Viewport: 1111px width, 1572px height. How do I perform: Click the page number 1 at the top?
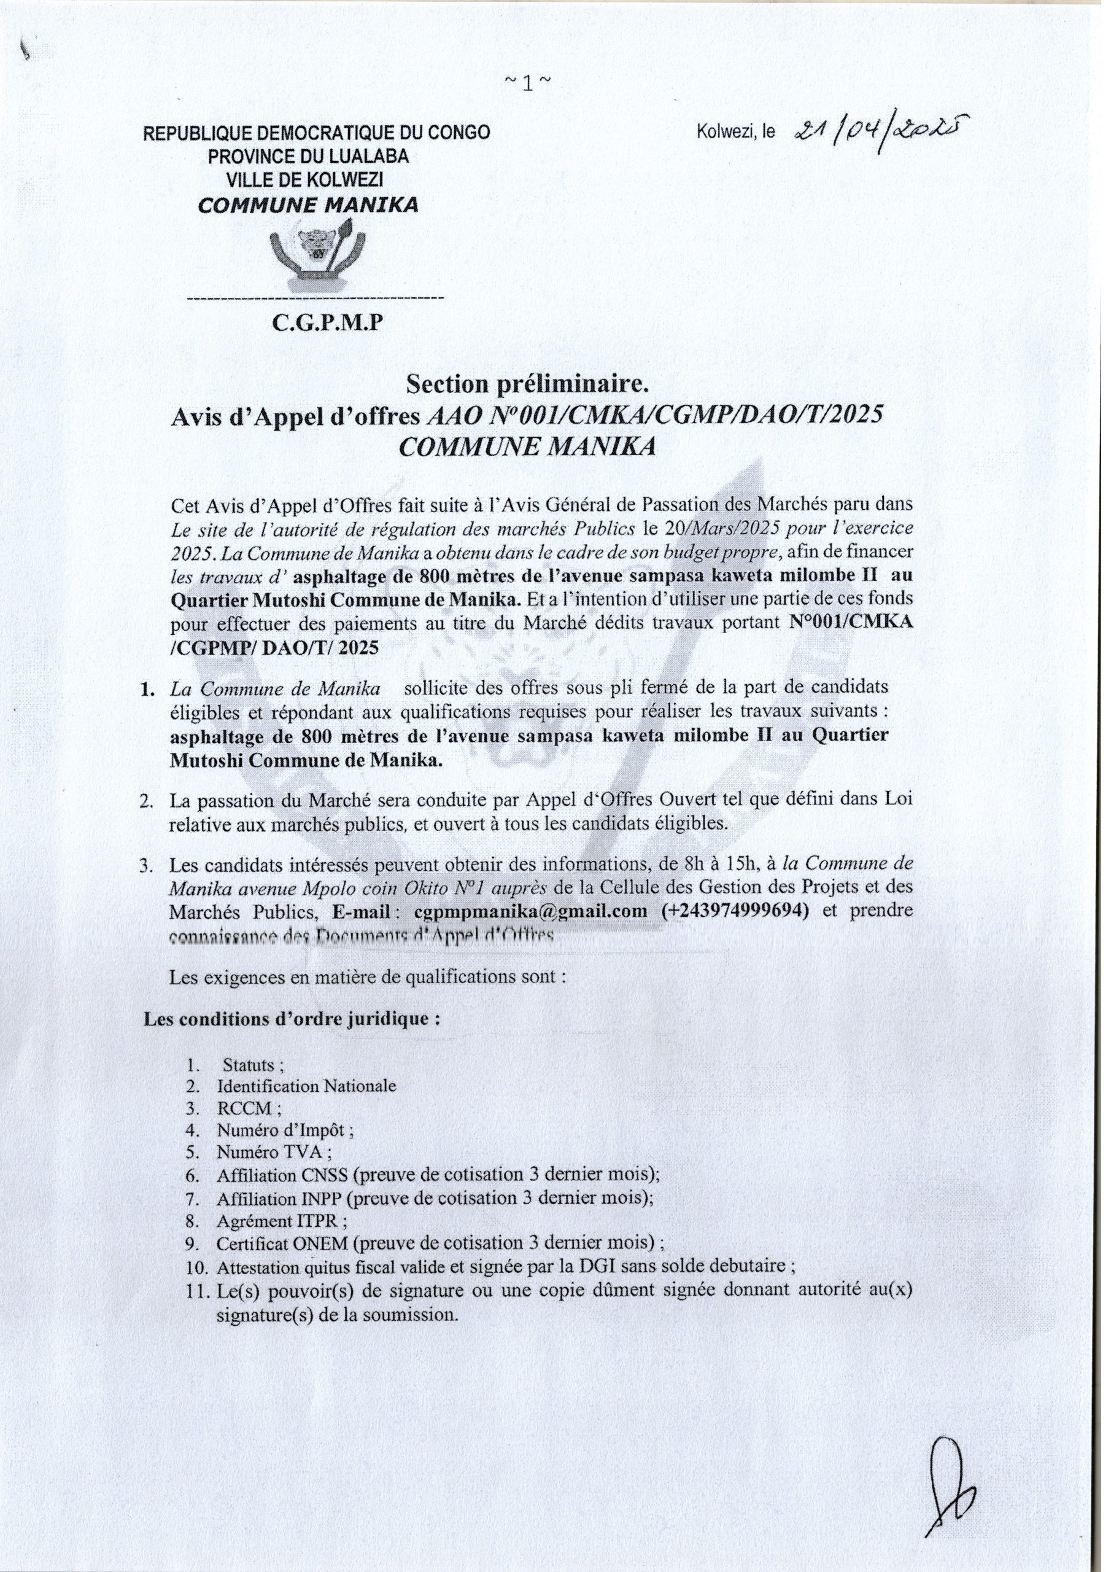click(527, 84)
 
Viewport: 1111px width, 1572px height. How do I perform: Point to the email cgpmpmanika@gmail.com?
click(530, 911)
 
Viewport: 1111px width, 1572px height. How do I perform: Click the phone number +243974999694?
click(736, 911)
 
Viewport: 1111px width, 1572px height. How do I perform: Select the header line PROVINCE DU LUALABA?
click(308, 156)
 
